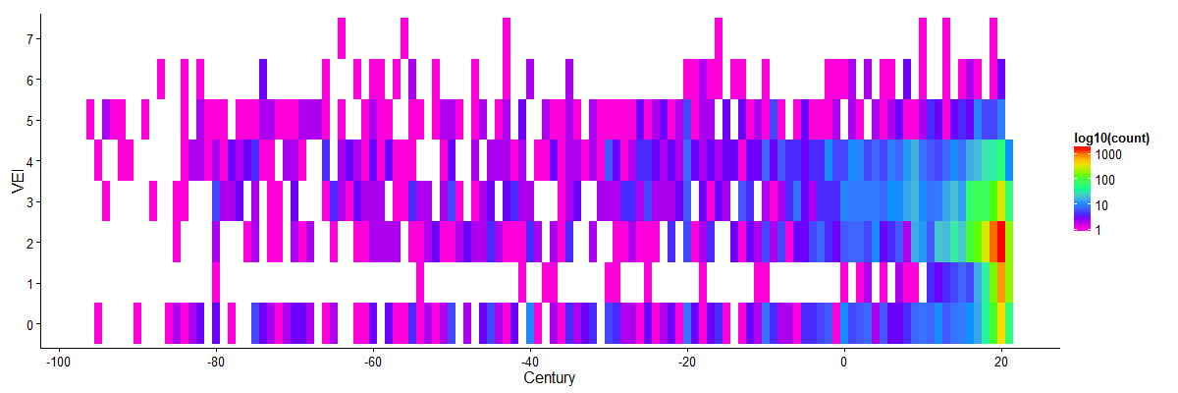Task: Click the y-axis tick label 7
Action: [30, 38]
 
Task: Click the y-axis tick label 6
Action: [30, 80]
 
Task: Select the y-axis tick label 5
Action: [30, 121]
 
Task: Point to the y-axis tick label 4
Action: [30, 161]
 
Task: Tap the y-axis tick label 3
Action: [30, 202]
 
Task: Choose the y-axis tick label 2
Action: [30, 243]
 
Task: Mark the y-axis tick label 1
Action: [30, 284]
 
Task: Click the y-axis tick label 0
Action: [30, 324]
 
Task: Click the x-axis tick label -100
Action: [60, 362]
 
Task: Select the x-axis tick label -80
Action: [217, 362]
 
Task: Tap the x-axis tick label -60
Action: [373, 362]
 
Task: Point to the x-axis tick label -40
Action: [530, 362]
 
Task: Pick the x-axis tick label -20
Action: [687, 362]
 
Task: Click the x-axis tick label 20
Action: [1001, 362]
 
